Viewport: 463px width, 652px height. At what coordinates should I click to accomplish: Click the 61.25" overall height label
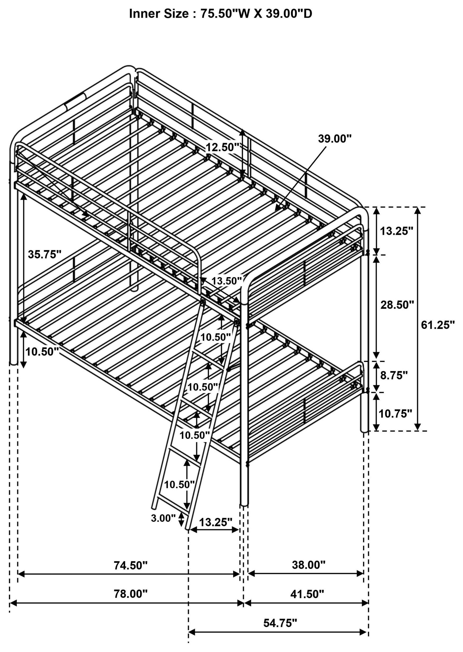[x=438, y=325]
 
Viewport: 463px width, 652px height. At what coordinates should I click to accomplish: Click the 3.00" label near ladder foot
[x=163, y=518]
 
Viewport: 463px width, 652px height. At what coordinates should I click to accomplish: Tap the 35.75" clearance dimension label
[x=44, y=254]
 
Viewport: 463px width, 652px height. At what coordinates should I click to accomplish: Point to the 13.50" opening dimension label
[x=226, y=281]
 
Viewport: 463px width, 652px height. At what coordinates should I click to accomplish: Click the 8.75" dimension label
[x=394, y=376]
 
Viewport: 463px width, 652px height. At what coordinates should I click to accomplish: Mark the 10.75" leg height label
[x=395, y=414]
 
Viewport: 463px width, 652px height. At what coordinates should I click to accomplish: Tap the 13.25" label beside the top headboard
[x=396, y=231]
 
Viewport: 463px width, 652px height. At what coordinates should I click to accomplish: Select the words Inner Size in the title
[x=159, y=14]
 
